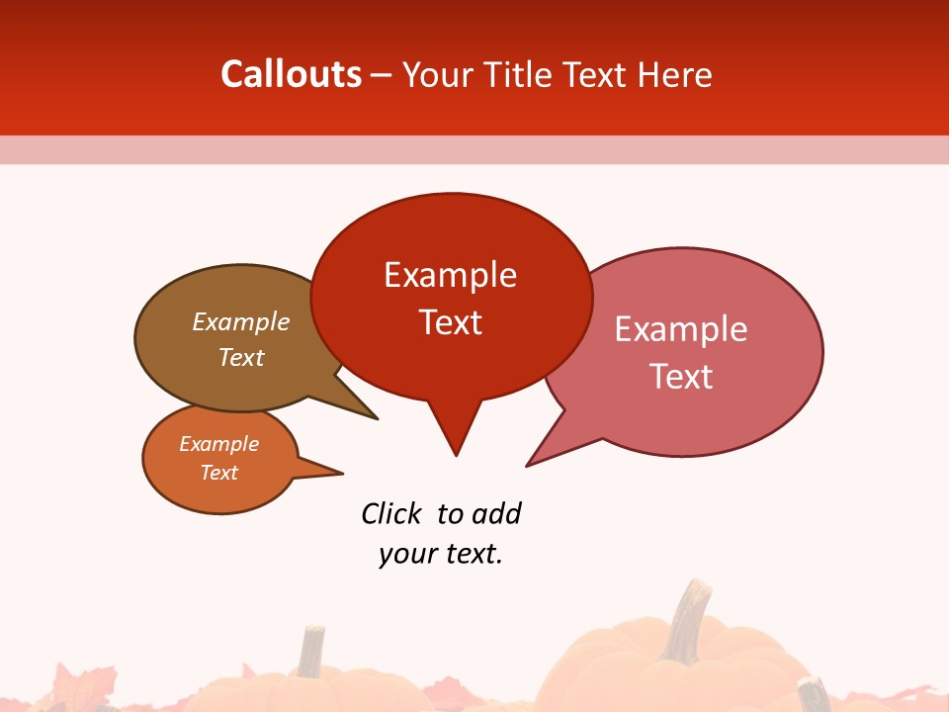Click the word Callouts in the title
292,74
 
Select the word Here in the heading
674,74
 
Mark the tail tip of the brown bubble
376,417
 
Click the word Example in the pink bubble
681,329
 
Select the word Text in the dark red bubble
451,322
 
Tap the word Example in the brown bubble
241,321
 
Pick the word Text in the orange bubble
219,473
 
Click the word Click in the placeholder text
390,513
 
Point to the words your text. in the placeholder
441,554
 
